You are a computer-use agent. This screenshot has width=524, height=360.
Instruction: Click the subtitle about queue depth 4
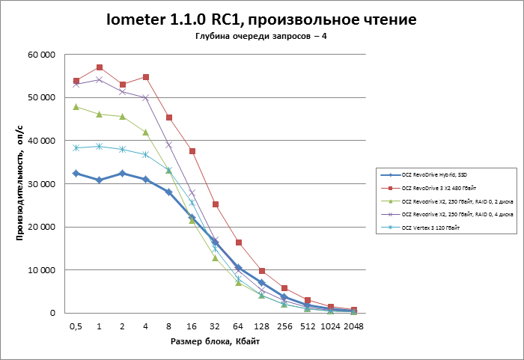261,37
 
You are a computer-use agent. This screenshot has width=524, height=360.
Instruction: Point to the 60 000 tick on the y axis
43,55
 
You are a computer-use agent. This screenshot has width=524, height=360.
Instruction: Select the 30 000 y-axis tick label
43,184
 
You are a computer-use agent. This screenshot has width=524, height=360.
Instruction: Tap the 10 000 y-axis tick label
43,270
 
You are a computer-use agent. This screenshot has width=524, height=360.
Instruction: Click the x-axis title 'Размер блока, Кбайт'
215,341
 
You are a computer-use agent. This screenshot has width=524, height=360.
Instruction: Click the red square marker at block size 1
100,67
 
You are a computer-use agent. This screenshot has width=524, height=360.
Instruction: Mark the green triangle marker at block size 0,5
76,107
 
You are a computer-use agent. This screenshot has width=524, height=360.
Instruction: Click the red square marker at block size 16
192,151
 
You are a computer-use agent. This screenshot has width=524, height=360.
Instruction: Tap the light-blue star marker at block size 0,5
76,147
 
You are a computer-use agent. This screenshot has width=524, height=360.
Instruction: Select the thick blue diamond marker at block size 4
146,180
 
